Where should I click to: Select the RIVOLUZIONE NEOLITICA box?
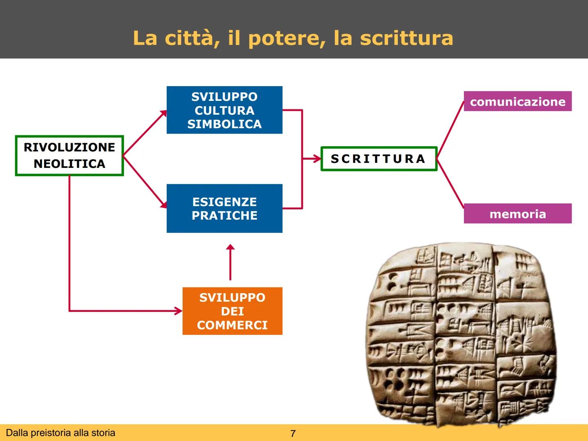(x=69, y=156)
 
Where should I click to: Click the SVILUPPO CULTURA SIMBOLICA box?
(x=224, y=110)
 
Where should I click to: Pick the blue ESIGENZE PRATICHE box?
(x=224, y=208)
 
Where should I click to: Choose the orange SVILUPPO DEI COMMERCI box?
(x=232, y=311)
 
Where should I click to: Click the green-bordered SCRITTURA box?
(x=379, y=158)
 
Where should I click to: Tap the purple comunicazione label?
(x=517, y=101)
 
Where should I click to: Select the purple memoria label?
(x=517, y=214)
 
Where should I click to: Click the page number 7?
(x=293, y=434)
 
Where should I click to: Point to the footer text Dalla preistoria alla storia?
(x=60, y=433)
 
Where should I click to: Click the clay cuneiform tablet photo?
(x=461, y=333)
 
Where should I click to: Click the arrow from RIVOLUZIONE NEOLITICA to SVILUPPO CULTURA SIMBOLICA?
(x=145, y=133)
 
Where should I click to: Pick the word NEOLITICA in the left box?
(x=69, y=164)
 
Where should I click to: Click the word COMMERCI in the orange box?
(x=232, y=325)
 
